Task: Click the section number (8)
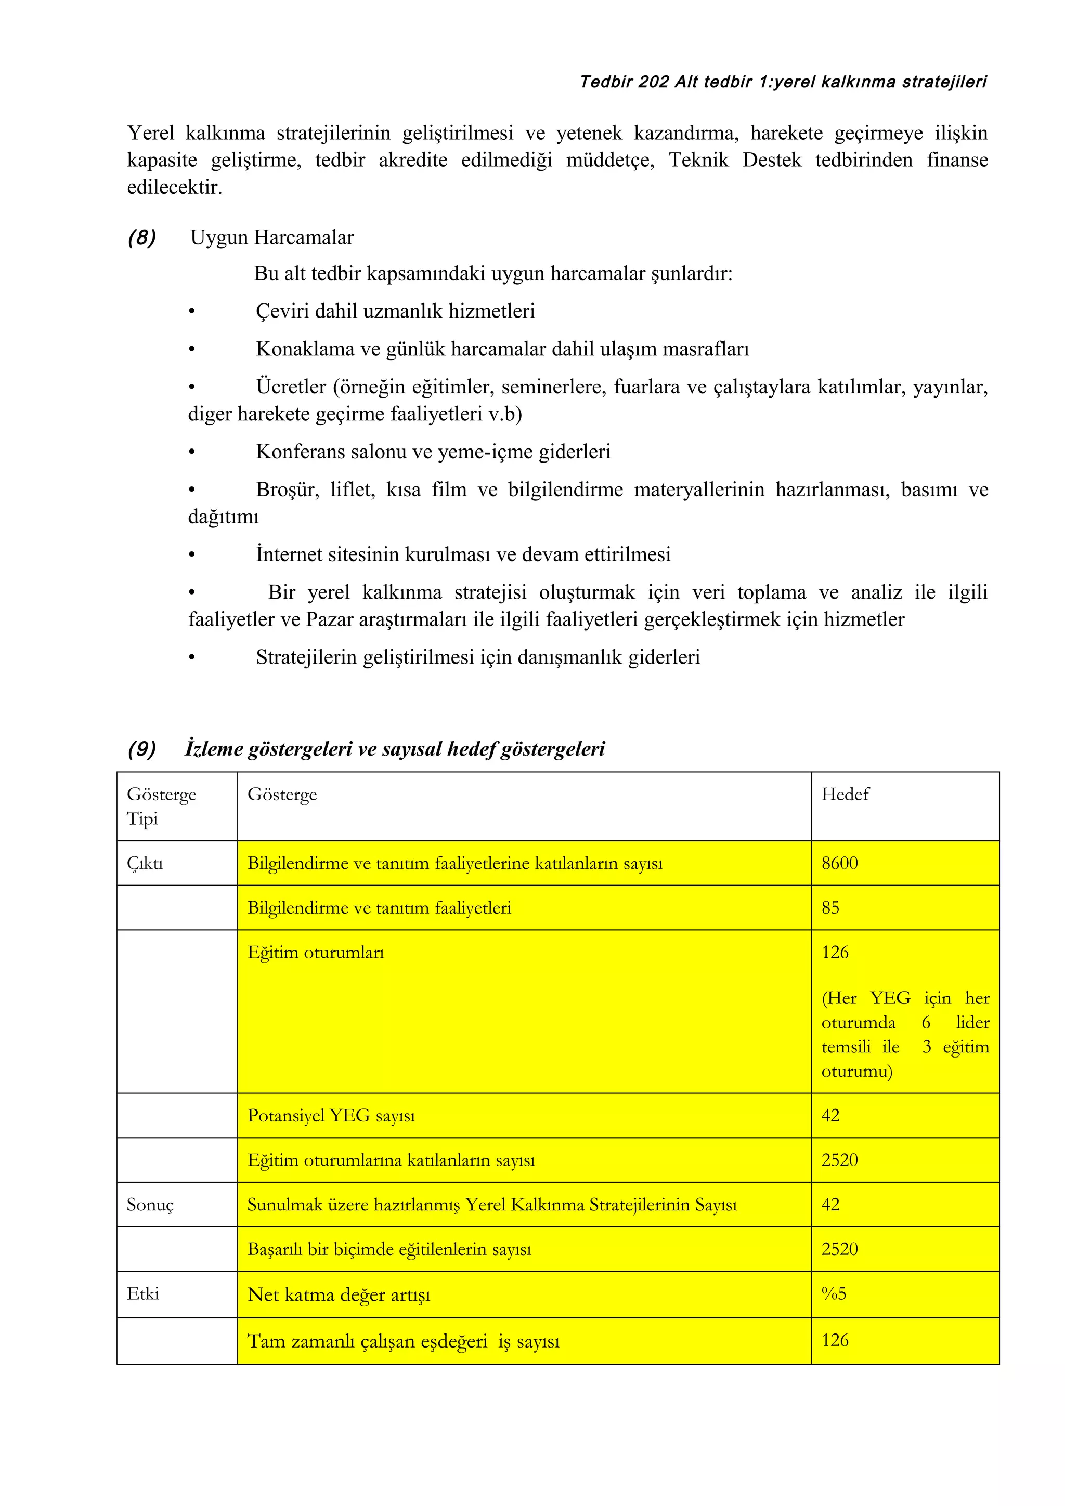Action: point(142,237)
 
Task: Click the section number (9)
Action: point(142,748)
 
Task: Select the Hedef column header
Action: point(845,795)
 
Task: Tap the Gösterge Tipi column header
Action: point(161,806)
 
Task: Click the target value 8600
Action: point(839,863)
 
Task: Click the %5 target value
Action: point(834,1293)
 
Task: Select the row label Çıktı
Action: point(145,863)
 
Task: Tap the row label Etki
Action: point(143,1293)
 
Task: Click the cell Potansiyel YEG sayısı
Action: point(331,1116)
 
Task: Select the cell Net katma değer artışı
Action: point(339,1295)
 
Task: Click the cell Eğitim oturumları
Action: point(316,953)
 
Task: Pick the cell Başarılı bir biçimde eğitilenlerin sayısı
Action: point(389,1249)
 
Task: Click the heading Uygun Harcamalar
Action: point(271,237)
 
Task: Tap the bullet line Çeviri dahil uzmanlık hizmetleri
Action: point(395,311)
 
